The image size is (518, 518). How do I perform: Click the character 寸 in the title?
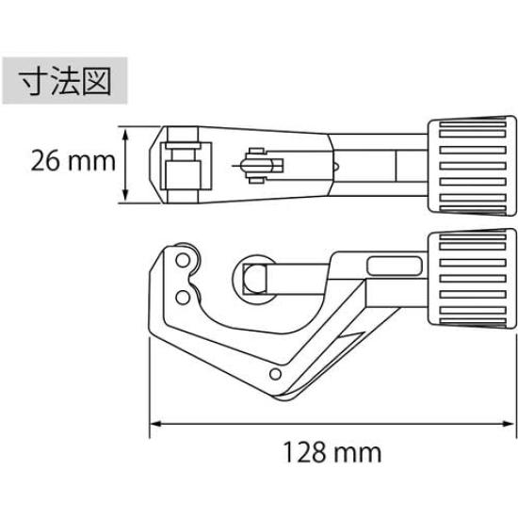pyautogui.click(x=35, y=81)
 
